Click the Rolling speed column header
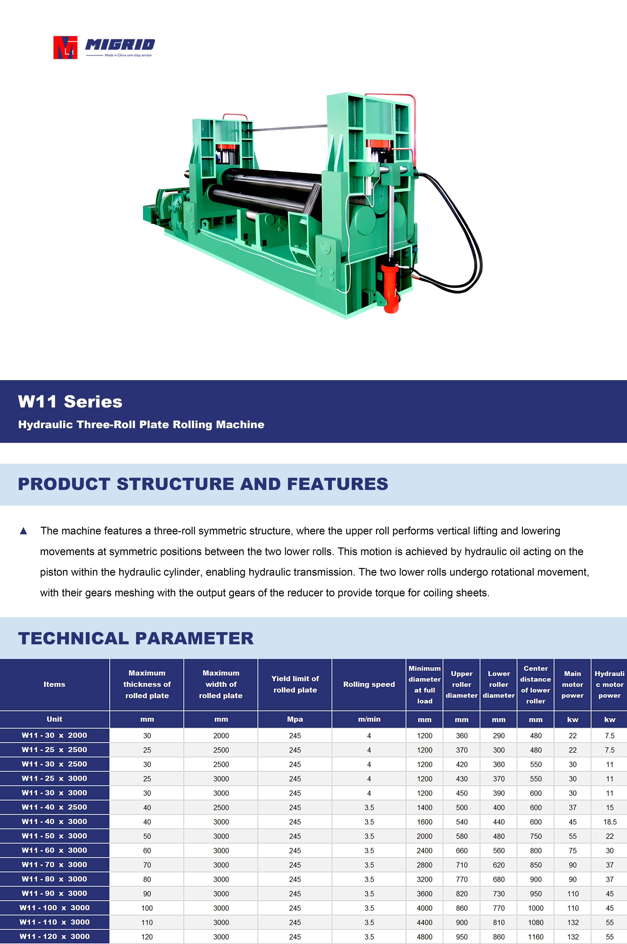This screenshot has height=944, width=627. coord(369,684)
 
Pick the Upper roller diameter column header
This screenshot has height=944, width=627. coord(462,684)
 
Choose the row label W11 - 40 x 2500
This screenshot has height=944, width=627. coord(54,807)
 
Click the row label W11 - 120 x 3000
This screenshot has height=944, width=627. coord(54,936)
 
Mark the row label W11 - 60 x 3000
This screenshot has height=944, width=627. coord(54,850)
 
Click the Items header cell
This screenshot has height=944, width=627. coord(54,684)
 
